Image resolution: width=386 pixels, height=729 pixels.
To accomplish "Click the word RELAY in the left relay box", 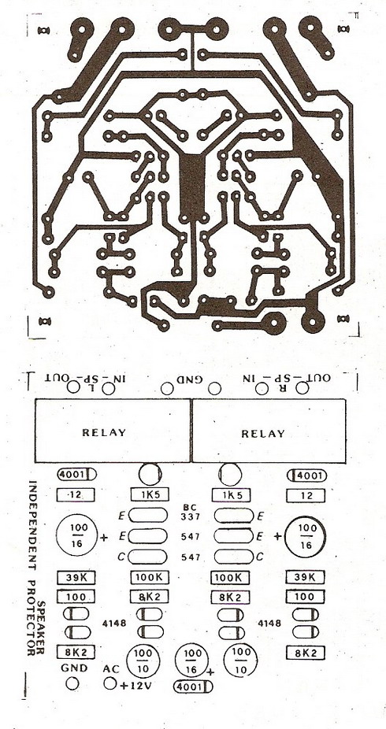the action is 104,432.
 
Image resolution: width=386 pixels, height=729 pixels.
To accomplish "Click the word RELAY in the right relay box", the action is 263,434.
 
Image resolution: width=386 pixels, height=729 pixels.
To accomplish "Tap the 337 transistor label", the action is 190,516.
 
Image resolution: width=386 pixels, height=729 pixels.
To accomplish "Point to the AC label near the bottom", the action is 111,669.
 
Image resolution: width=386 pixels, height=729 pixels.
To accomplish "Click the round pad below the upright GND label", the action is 72,683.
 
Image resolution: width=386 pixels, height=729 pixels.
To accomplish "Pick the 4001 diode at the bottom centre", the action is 192,686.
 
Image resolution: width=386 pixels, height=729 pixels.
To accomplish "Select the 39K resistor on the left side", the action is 76,578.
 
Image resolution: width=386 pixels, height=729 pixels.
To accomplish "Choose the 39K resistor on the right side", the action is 306,577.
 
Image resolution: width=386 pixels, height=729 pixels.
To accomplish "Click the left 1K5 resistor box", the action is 150,495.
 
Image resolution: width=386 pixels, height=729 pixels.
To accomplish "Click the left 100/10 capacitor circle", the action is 143,659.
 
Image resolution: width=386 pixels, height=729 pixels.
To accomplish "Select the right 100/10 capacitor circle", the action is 241,658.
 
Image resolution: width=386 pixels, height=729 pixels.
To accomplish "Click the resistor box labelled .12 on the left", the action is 76,495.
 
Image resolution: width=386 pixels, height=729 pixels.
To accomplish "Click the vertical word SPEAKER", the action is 42,627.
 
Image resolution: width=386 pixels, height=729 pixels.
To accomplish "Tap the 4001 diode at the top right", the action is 307,476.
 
